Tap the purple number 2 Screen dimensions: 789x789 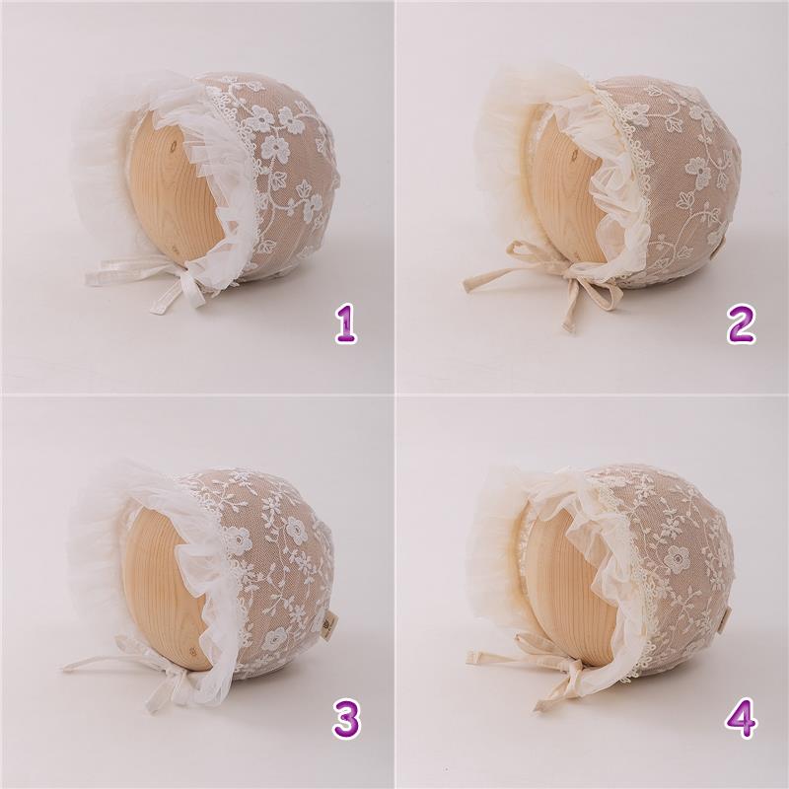[741, 324]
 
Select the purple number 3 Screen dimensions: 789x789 [347, 719]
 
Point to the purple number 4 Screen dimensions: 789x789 [742, 719]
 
